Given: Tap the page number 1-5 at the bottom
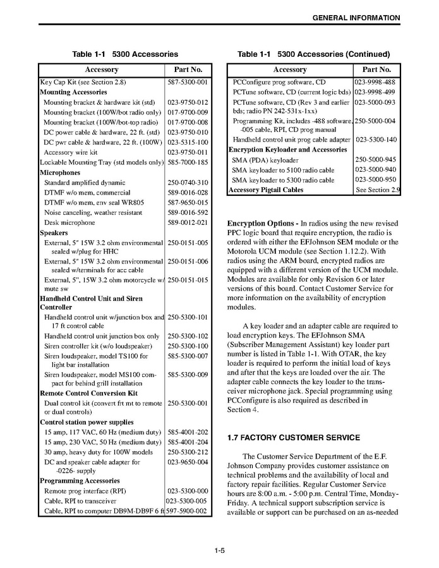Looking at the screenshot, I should pos(219,550).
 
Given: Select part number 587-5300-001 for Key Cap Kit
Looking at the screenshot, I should pos(187,82).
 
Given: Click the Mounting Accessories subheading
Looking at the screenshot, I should pos(73,92).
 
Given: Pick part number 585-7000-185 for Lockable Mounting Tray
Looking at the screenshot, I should pos(187,162).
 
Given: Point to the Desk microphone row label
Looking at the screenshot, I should pos(69,222).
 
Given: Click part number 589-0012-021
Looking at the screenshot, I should pos(187,222).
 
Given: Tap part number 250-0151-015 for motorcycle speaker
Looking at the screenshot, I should pos(187,279).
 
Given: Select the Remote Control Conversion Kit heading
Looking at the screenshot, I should pos(88,393).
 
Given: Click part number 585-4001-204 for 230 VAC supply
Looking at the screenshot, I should pos(187,442).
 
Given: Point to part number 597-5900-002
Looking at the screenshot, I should pos(187,511).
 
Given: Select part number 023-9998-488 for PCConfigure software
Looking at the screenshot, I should pos(376,82).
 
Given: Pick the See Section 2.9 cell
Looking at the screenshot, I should pos(378,190).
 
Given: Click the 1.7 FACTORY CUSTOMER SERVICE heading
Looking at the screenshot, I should pos(293,437).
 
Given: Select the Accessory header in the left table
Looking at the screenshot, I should pos(101,69).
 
